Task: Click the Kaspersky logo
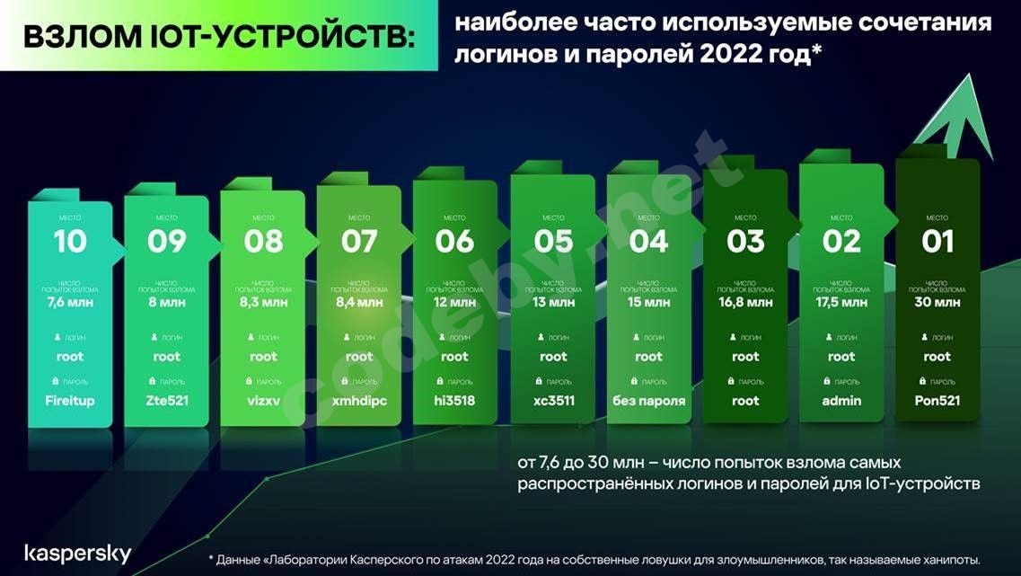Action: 77,554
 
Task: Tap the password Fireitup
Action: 69,401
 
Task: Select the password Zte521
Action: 166,401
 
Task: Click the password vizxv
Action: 262,401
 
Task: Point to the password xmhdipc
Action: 359,401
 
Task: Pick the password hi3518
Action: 454,401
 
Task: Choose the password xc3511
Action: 553,401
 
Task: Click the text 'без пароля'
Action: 648,401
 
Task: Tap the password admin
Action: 841,401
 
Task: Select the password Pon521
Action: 937,401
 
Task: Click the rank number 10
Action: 69,241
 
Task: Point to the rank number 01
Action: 937,241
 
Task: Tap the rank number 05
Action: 553,241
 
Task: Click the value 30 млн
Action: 937,303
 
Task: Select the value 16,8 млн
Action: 745,303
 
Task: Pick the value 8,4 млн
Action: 359,303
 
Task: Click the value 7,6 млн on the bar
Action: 69,303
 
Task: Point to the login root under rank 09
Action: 166,357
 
